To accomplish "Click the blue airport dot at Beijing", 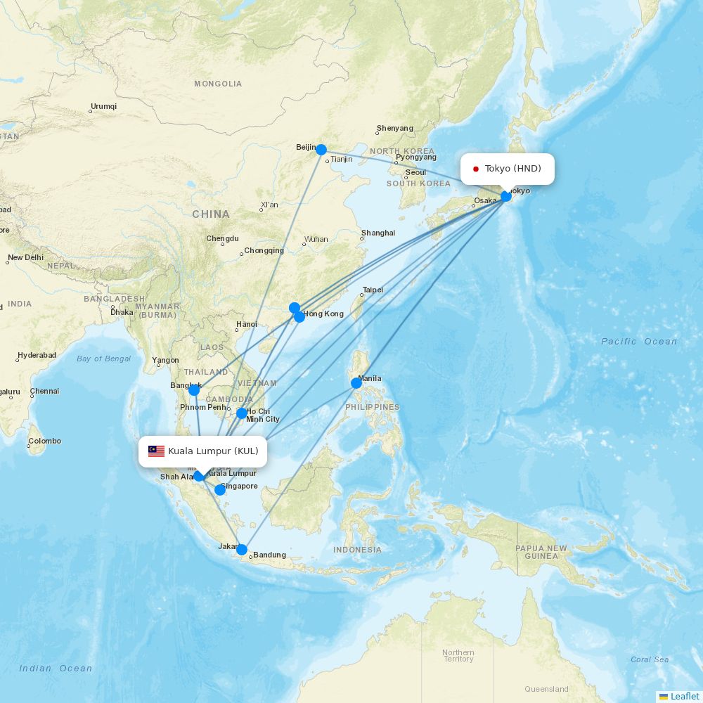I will pos(321,150).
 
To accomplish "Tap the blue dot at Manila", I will pos(356,383).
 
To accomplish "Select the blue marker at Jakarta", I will pos(242,550).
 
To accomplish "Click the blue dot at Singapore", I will pos(220,490).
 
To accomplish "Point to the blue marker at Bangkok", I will pos(193,389).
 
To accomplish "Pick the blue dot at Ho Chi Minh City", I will pos(242,413).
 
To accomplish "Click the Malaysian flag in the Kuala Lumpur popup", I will pos(156,451).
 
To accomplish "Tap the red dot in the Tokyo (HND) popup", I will pos(476,169).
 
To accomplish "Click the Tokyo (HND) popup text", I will pos(512,169).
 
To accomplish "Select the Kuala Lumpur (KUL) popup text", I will pos(213,451).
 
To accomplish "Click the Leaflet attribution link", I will pos(684,696).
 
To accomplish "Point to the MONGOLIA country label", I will pos(218,84).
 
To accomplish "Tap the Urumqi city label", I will pos(104,107).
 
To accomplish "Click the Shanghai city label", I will pos(378,233).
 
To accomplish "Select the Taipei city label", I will pos(373,290).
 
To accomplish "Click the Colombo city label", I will pos(45,441).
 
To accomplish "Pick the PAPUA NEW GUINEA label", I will pos(541,552).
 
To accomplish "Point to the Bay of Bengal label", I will pos(103,359).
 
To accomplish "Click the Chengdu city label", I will pos(222,238).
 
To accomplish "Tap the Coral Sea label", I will pos(650,659).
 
